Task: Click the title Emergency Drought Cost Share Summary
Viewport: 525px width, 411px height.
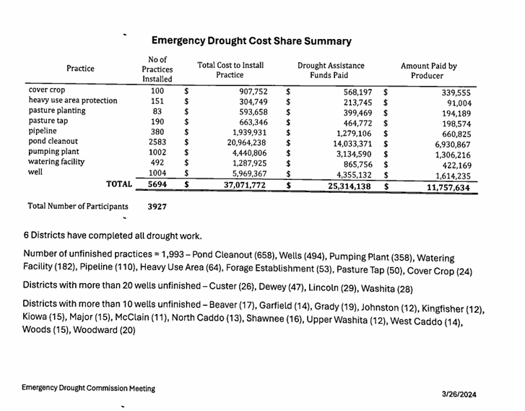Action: [252, 41]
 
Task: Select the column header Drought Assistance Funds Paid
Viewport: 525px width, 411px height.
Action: [331, 70]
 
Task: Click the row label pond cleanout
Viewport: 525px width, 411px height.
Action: [53, 142]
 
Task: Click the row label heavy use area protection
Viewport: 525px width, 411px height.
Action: [72, 100]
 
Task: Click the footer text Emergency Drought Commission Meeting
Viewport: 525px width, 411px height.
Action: [88, 388]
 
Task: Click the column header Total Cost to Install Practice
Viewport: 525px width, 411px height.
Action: [230, 70]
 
